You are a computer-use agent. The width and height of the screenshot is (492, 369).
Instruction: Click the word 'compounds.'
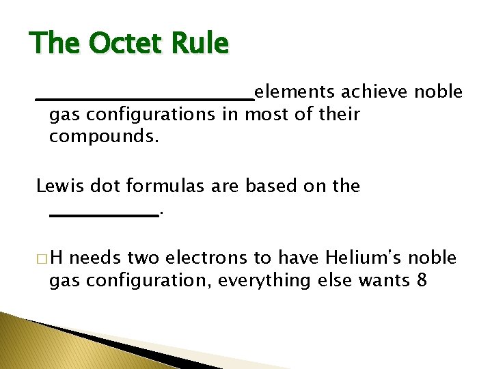104,137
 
